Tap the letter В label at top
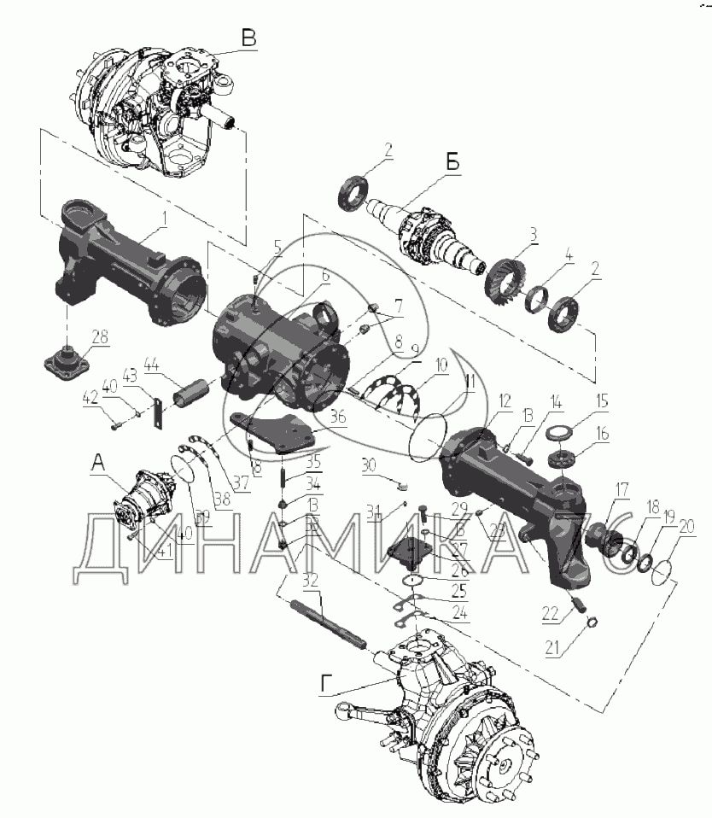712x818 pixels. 248,38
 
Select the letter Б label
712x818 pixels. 452,161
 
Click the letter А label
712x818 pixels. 98,462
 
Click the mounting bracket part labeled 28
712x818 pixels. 69,364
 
